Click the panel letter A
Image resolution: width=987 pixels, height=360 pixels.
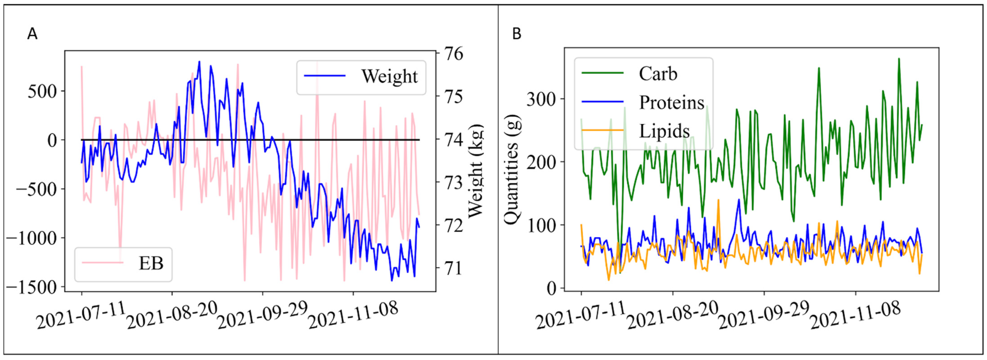[x=33, y=34]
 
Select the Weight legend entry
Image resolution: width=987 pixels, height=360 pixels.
[x=389, y=76]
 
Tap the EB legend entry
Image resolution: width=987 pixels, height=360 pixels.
[x=151, y=263]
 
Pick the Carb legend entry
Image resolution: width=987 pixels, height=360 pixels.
[x=658, y=74]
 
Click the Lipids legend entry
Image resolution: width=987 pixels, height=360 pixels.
[x=664, y=131]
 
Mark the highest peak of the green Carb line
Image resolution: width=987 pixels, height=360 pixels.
[x=898, y=59]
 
